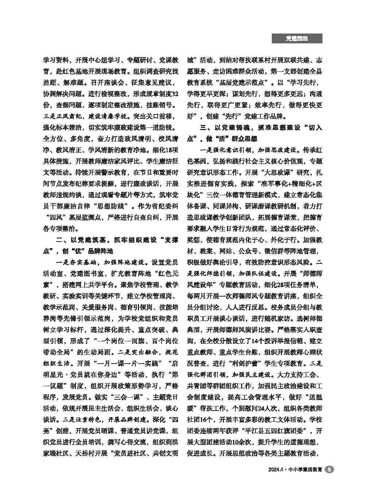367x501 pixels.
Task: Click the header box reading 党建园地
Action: point(297,39)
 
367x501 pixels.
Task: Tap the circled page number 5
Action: point(329,470)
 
